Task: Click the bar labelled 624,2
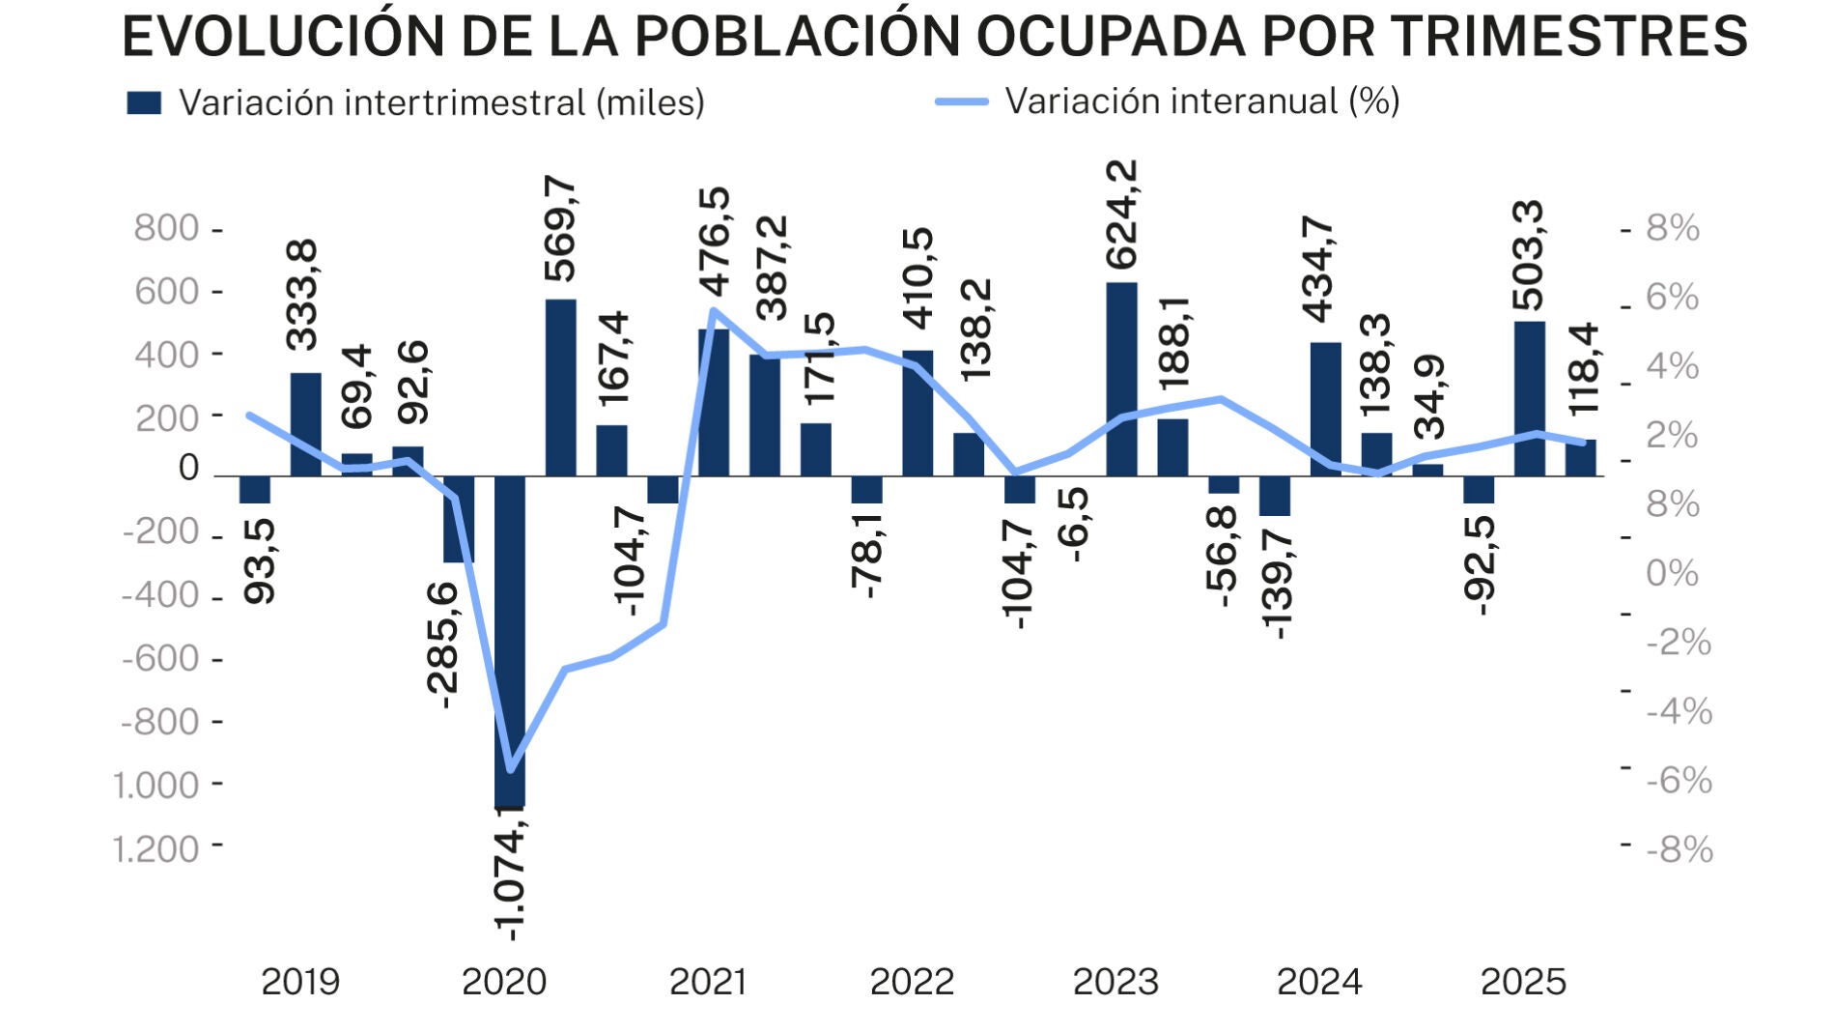(1121, 379)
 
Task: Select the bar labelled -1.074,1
(509, 641)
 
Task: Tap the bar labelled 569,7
(560, 387)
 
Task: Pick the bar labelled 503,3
(1529, 398)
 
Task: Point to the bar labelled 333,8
(305, 424)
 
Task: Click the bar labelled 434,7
(1325, 409)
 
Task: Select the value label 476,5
(716, 242)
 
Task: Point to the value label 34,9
(1429, 397)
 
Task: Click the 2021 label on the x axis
(708, 982)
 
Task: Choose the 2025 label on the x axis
(1523, 982)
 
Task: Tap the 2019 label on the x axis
(300, 982)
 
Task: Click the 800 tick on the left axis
(166, 229)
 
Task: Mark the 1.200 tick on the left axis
(156, 849)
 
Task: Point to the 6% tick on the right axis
(1672, 298)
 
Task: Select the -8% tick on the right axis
(1680, 849)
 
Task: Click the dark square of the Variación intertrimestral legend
(144, 103)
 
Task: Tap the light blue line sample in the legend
(962, 101)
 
